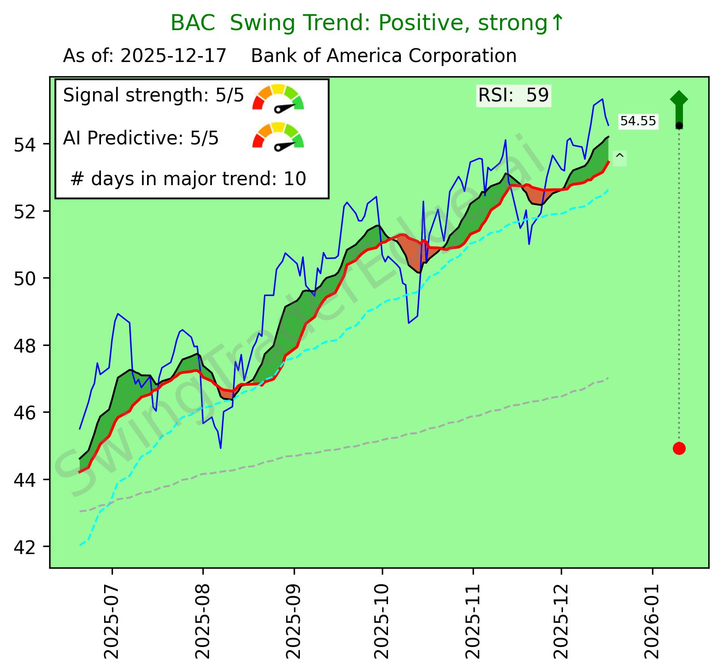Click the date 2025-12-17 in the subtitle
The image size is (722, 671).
173,56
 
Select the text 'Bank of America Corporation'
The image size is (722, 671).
384,56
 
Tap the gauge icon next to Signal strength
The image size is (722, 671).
278,97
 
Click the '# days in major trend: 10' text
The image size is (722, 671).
188,179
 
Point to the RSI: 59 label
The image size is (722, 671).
513,95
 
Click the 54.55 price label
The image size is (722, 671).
638,121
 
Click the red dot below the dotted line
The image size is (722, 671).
679,448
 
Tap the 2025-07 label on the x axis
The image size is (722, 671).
112,620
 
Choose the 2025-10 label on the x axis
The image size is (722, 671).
382,620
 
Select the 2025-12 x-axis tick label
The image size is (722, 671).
561,620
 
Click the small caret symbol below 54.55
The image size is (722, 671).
620,157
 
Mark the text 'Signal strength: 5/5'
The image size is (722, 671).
153,95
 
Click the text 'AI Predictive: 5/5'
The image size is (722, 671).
141,139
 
